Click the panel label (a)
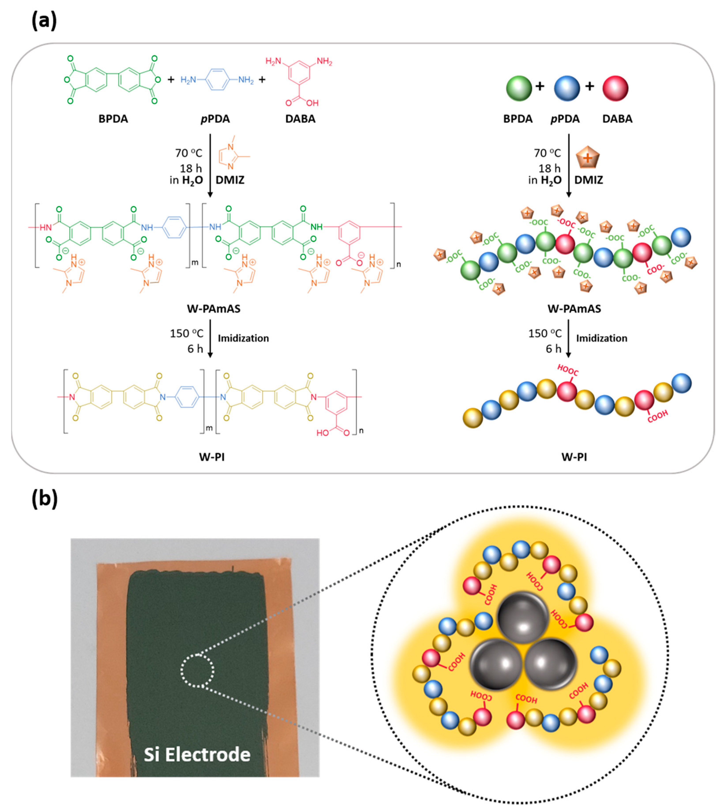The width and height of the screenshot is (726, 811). [44, 21]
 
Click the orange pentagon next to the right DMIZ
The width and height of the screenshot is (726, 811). [588, 158]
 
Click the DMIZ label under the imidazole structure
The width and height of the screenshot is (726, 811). [230, 180]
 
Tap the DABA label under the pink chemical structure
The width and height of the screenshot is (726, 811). [300, 119]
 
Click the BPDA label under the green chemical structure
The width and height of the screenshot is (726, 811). [113, 119]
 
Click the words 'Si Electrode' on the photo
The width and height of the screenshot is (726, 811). [197, 754]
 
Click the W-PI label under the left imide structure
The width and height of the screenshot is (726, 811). [212, 457]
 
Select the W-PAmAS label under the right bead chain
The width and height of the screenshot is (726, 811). [574, 309]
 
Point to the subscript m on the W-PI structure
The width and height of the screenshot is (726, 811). [209, 428]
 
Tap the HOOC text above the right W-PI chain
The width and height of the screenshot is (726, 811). [568, 370]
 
